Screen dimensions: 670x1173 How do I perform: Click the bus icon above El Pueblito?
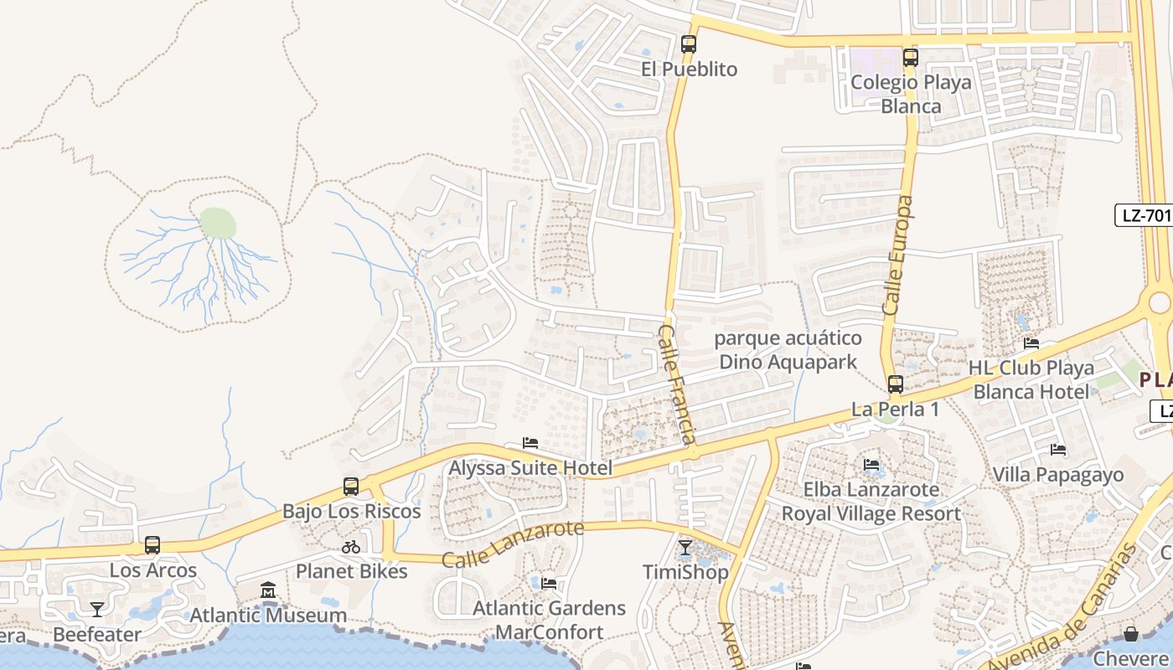click(x=689, y=44)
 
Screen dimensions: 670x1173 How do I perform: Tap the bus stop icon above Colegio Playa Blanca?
click(x=911, y=58)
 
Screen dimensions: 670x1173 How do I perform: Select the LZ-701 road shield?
click(x=1145, y=215)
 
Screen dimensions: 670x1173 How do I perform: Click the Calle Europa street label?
click(x=898, y=255)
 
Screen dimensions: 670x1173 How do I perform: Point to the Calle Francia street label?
click(x=677, y=384)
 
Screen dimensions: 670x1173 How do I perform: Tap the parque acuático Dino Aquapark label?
click(x=788, y=350)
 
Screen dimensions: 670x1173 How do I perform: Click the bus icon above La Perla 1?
click(x=896, y=384)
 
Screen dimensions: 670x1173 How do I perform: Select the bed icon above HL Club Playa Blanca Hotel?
click(x=1031, y=343)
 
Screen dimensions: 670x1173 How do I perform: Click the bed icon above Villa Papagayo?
click(x=1058, y=450)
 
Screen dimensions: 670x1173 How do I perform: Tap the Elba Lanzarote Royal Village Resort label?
click(x=871, y=501)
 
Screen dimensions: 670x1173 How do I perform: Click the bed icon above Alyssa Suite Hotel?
click(x=530, y=443)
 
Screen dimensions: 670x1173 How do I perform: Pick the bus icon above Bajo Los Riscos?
click(x=351, y=486)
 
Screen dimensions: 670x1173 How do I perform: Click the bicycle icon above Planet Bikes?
click(x=351, y=547)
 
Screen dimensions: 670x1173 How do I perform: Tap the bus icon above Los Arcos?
click(x=152, y=545)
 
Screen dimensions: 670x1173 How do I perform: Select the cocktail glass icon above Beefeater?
click(x=97, y=609)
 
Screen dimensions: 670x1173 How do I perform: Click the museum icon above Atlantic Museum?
click(x=268, y=590)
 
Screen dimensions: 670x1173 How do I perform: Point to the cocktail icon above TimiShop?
click(x=685, y=548)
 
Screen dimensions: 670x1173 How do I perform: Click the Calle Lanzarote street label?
click(x=513, y=544)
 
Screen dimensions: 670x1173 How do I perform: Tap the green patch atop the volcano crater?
click(x=218, y=224)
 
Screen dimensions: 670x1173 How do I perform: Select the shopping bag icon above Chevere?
click(x=1131, y=634)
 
